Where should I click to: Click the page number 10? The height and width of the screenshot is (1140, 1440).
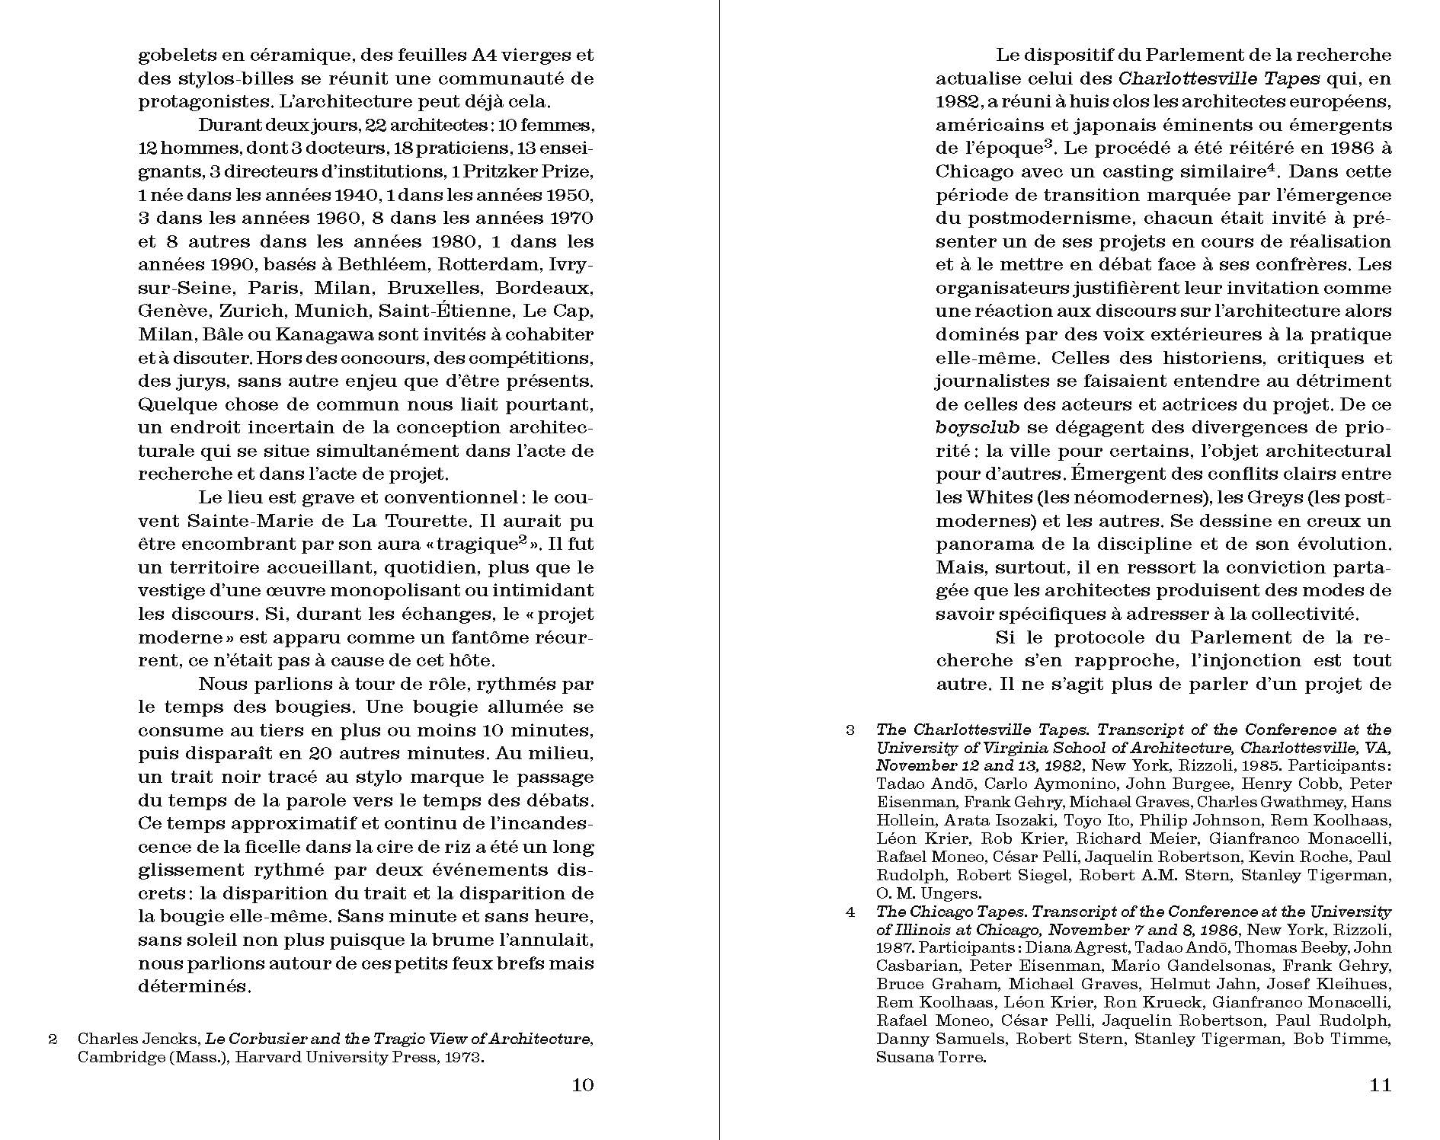click(x=582, y=1085)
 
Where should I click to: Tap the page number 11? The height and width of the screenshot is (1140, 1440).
click(x=1380, y=1085)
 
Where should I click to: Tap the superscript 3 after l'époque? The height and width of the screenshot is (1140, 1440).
click(x=1048, y=143)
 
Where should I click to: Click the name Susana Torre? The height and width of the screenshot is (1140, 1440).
click(x=931, y=1057)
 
